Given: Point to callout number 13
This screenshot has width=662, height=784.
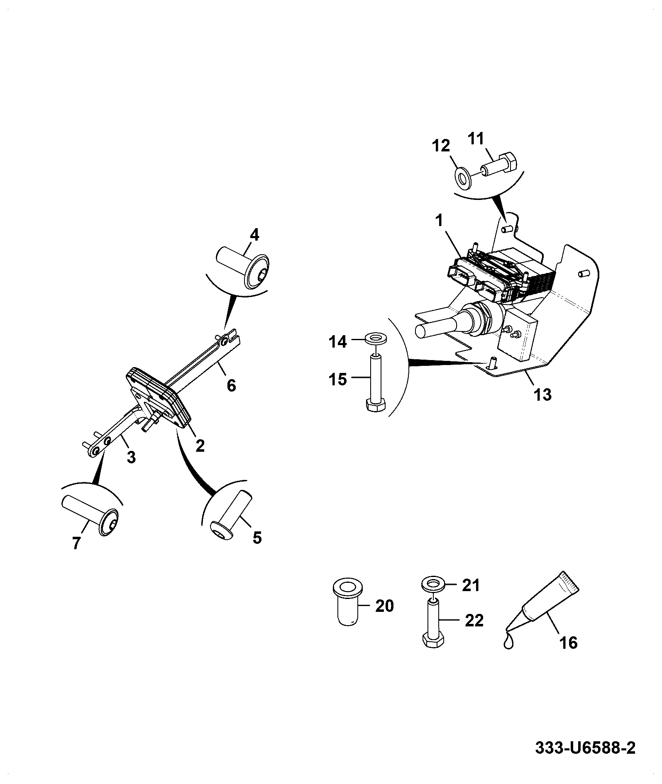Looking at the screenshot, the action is tap(542, 394).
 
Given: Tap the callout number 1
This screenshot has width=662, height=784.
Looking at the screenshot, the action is tap(439, 221).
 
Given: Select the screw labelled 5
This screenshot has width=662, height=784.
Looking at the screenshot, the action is tap(229, 514).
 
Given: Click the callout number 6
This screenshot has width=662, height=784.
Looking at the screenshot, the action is tap(232, 385).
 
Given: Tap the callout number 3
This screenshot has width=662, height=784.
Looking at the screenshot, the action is tap(131, 458).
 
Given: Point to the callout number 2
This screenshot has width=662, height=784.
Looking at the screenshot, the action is tap(200, 446).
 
